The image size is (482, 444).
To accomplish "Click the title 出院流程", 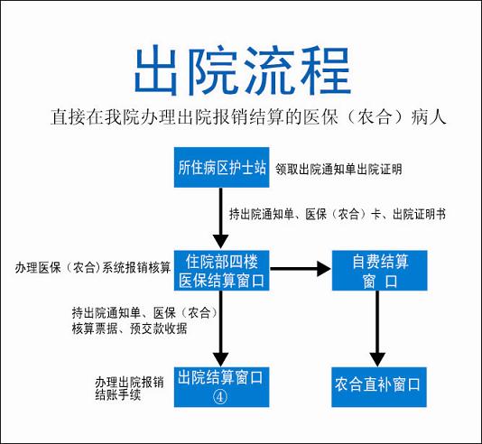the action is [243, 70].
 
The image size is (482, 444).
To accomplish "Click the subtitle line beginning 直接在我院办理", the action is [248, 116].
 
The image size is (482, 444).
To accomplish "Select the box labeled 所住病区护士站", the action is [222, 168].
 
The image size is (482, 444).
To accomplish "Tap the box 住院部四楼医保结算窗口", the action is [222, 271].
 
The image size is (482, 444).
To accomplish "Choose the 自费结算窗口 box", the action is [380, 271].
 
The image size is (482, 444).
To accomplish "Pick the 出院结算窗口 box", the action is [222, 387].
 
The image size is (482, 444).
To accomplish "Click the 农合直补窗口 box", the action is [379, 387].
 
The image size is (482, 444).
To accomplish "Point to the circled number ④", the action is [220, 397].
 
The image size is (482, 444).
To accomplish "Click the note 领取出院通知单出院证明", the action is [338, 169].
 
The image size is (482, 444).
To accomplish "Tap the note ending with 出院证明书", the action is [338, 214].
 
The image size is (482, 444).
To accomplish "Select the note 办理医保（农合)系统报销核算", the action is [93, 267].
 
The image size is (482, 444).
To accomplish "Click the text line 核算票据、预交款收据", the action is [129, 328].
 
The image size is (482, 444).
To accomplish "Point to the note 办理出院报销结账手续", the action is [129, 388].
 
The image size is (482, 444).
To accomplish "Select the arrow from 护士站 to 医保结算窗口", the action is [221, 218].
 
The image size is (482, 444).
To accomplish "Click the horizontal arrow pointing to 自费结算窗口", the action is [301, 269].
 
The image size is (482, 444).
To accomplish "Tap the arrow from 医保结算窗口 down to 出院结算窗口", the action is [221, 328].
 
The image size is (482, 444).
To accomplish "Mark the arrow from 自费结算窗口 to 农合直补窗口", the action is [377, 328].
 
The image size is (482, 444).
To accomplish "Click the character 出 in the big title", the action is [156, 70].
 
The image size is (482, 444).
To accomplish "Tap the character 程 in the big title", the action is [327, 70].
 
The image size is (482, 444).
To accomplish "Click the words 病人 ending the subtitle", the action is [429, 116].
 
